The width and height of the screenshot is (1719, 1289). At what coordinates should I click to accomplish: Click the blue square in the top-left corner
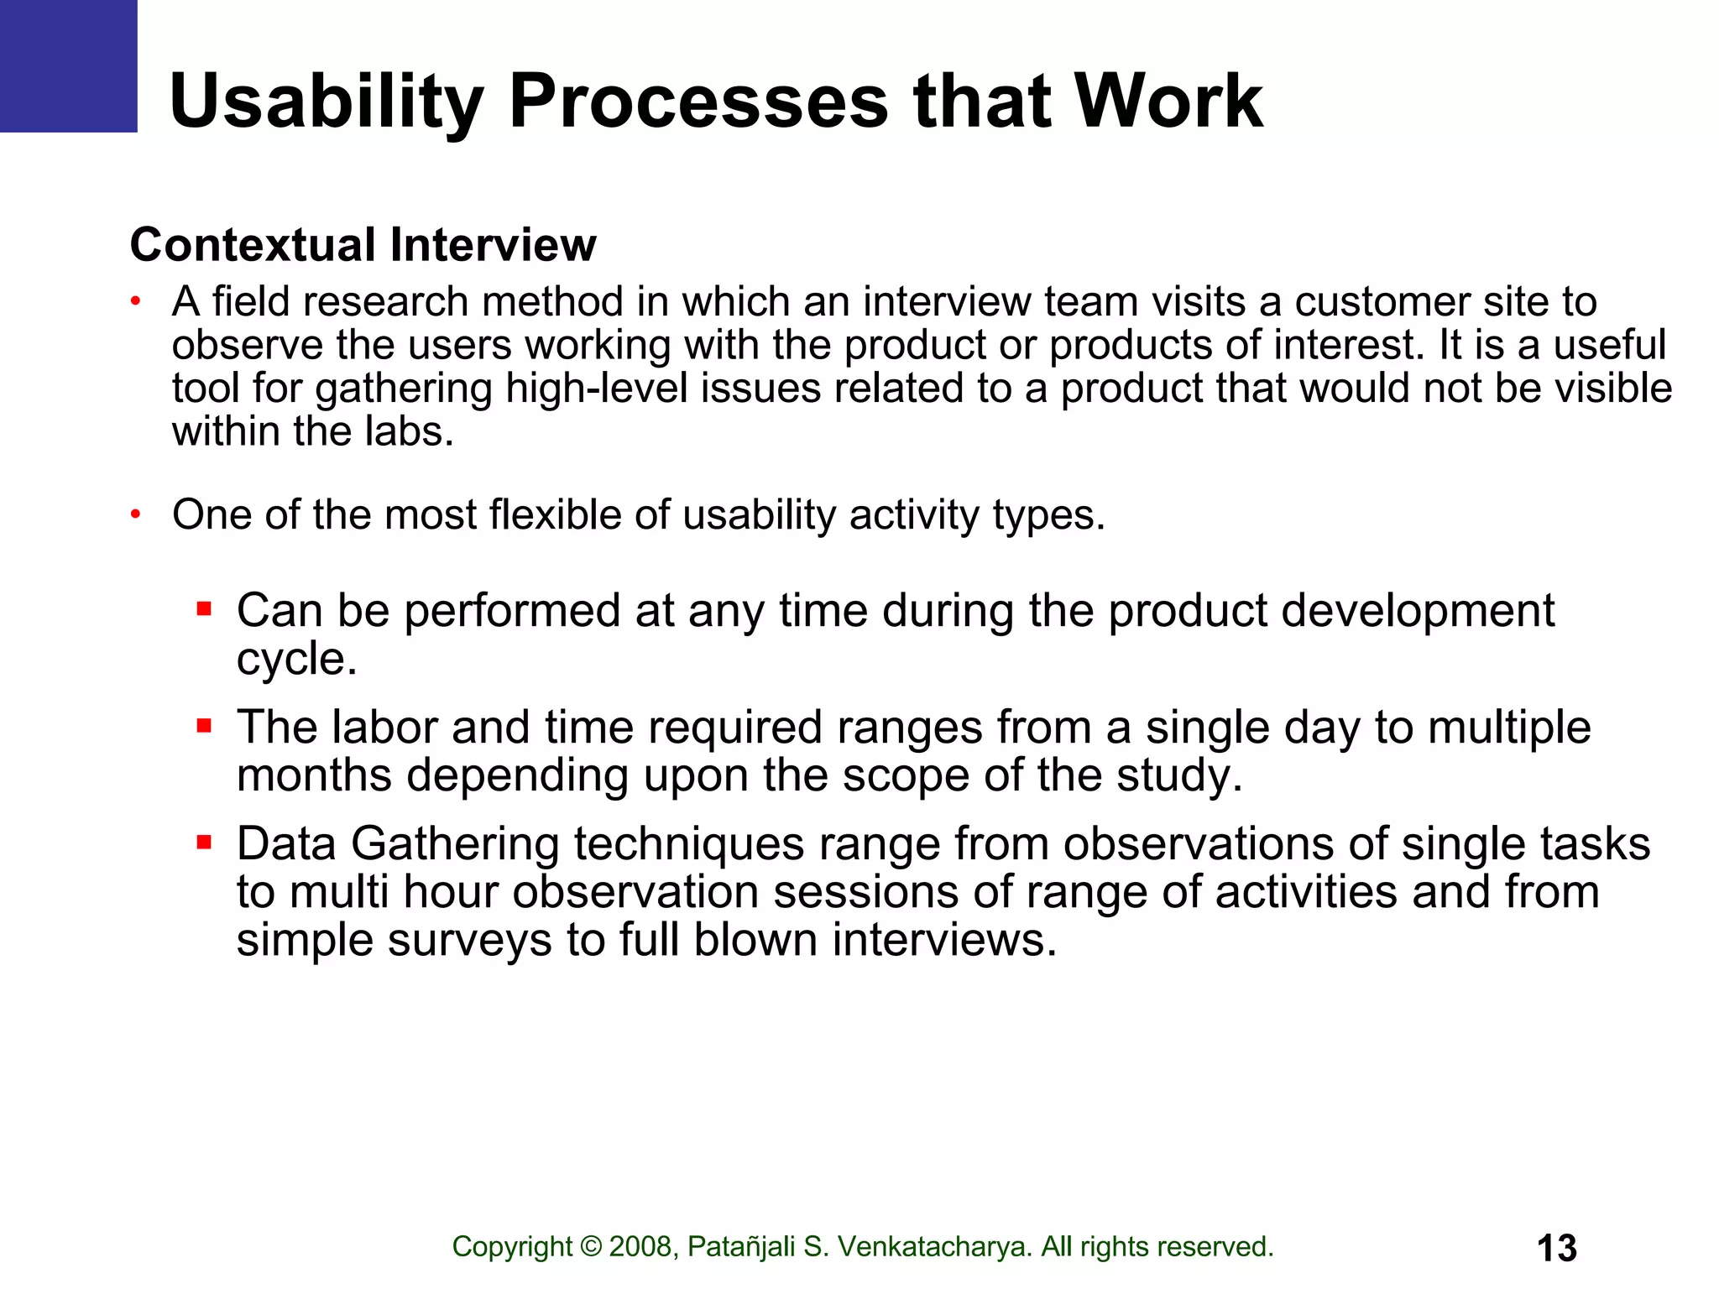67,65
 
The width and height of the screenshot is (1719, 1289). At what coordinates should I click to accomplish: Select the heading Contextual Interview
363,245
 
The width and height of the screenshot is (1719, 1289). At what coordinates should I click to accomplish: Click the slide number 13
1556,1248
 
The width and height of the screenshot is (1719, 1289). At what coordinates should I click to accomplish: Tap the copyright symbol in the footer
591,1247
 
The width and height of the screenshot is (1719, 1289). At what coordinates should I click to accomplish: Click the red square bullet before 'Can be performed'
203,608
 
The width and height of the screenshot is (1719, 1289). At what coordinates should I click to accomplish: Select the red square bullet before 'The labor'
203,725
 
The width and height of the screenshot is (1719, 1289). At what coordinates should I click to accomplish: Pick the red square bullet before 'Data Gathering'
203,842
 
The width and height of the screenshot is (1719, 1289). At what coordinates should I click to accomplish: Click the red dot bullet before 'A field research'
135,302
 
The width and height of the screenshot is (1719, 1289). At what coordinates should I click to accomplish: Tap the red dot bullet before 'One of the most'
135,514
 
